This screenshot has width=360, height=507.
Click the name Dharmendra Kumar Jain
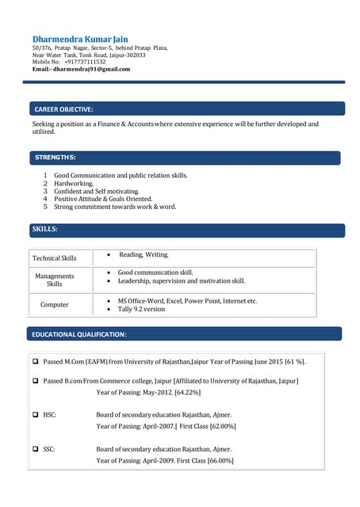[x=80, y=39]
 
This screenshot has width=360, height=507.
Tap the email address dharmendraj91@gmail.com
[x=91, y=70]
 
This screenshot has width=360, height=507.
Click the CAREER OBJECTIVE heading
[x=64, y=109]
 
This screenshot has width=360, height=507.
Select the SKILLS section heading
[x=44, y=230]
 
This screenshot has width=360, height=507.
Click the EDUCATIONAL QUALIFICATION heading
[x=79, y=334]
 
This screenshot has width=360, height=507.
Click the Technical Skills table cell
[x=54, y=258]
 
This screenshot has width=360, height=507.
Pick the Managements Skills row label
[x=54, y=280]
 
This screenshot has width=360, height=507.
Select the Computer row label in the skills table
[x=54, y=304]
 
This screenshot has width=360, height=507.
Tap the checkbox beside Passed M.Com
[x=36, y=361]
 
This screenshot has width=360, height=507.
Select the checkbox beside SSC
[x=36, y=449]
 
